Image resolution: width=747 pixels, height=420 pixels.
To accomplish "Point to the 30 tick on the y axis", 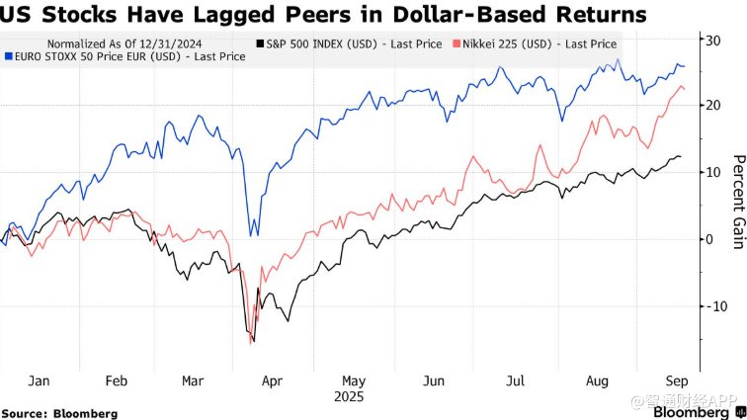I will [x=709, y=39].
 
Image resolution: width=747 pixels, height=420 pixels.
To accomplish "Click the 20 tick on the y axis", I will [x=709, y=106].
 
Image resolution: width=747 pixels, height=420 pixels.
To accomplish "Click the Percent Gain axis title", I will [x=736, y=203].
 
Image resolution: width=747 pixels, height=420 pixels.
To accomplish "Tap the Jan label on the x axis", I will [x=40, y=380].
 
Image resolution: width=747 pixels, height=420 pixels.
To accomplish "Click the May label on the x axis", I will [x=354, y=380].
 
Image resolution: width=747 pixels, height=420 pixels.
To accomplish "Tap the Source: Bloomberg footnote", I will [x=59, y=413].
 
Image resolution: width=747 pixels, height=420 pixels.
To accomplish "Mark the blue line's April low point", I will [x=253, y=234].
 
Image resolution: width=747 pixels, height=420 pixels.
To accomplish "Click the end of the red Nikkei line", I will [x=685, y=91].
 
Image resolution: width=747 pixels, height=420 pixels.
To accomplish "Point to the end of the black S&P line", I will [x=681, y=157].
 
